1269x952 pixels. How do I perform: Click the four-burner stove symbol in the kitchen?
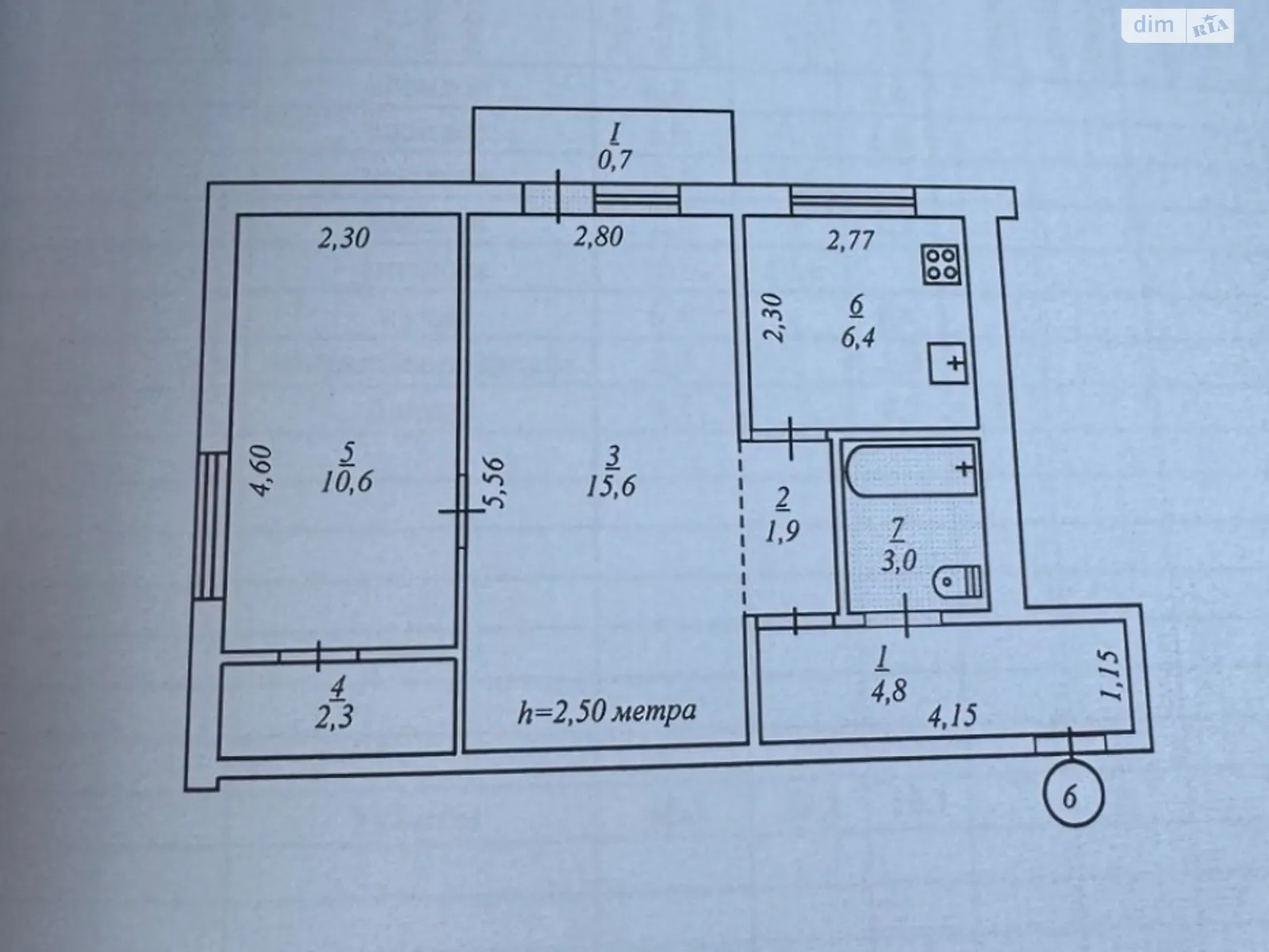(x=941, y=265)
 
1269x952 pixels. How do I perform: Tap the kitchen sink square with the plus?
(x=948, y=363)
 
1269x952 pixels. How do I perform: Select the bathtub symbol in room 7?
(x=912, y=470)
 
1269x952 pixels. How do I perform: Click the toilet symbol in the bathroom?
(x=957, y=582)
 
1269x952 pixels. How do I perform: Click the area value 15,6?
(x=611, y=486)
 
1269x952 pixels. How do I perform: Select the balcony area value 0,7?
(x=615, y=160)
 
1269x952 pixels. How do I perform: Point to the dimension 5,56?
(x=496, y=483)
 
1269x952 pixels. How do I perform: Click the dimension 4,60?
(x=261, y=470)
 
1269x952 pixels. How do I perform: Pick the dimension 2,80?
(x=598, y=237)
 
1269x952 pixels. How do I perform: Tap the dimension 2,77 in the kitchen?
(x=850, y=240)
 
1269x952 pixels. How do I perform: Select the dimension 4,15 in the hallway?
(x=953, y=716)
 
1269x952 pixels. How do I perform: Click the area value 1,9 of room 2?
(x=782, y=532)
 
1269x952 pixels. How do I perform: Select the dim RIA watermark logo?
(x=1178, y=25)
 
